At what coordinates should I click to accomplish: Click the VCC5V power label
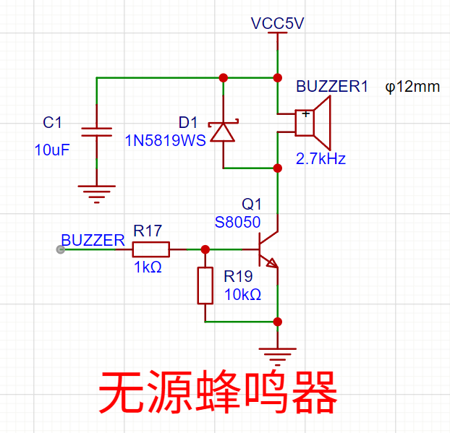(277, 23)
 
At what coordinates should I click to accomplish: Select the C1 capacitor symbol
(97, 132)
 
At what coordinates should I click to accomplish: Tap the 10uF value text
(52, 150)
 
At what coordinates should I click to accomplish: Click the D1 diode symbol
(223, 131)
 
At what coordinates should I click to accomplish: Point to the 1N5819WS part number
(165, 140)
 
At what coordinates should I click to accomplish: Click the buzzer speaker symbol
(313, 123)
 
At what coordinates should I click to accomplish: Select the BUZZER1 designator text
(332, 86)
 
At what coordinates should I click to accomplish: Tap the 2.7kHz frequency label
(320, 158)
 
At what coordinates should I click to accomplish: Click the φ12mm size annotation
(412, 87)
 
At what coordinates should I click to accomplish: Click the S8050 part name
(237, 222)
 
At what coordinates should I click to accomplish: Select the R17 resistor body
(151, 249)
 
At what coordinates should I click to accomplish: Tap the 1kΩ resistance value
(148, 267)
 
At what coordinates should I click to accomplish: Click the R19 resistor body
(205, 286)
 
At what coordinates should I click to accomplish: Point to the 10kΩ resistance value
(243, 294)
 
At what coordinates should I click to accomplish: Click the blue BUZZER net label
(93, 240)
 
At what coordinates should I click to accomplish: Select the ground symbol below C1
(97, 194)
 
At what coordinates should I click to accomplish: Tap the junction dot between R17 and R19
(205, 249)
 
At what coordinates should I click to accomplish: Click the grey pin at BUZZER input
(61, 249)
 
